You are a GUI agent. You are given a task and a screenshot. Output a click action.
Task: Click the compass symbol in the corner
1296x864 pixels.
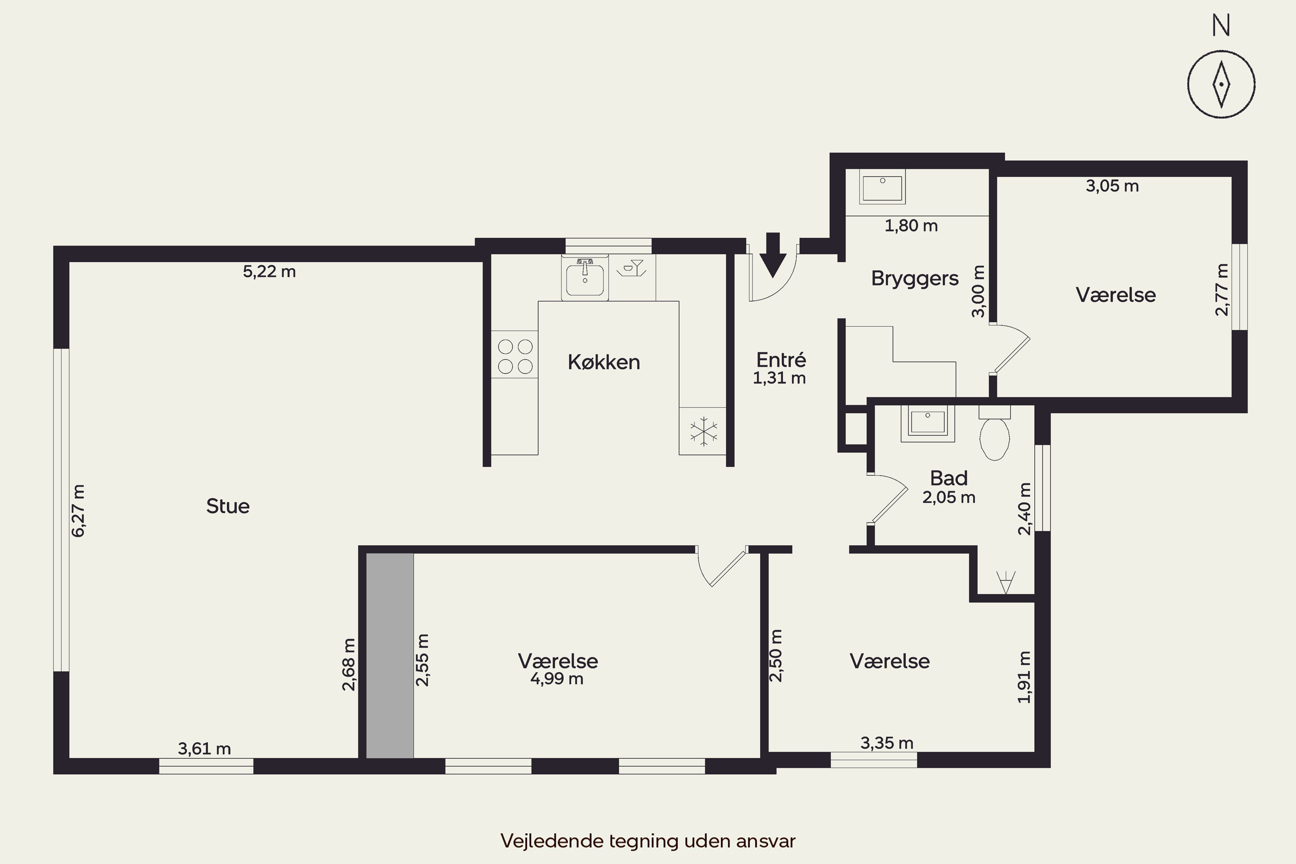(1221, 84)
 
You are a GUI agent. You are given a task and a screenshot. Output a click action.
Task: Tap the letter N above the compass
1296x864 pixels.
(1221, 25)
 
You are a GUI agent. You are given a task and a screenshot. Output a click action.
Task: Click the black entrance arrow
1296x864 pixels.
(773, 254)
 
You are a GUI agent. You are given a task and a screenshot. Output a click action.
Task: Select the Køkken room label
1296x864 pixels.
(604, 362)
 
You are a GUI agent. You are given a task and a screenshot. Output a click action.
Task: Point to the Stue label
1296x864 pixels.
(228, 506)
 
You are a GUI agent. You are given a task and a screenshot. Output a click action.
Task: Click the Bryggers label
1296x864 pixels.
(915, 279)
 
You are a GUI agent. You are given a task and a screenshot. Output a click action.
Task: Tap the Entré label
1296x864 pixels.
(781, 359)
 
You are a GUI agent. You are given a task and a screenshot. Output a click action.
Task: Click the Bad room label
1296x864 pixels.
(949, 478)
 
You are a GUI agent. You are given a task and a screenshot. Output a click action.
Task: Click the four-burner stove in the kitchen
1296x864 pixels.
(515, 354)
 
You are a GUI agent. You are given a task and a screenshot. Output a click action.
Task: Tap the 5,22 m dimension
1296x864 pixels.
(270, 271)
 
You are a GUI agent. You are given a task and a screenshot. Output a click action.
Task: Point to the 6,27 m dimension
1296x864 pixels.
(78, 511)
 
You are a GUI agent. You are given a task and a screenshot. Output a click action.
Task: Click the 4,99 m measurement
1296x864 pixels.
(556, 679)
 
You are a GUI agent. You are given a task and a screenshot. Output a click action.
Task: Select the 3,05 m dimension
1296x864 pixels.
(1112, 186)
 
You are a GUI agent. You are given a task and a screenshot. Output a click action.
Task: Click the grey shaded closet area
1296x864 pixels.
(390, 656)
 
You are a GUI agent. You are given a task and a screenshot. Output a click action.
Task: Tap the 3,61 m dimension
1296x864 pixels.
(204, 748)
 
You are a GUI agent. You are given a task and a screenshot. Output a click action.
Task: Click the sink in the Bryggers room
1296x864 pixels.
(883, 188)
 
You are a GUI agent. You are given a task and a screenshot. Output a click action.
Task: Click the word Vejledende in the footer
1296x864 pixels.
(552, 841)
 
